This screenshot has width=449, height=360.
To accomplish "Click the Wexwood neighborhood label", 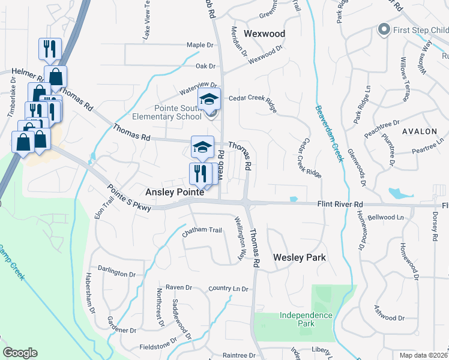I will tap(264, 34).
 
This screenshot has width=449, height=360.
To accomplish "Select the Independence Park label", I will tap(306, 319).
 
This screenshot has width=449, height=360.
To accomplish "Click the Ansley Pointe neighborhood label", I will tap(175, 193).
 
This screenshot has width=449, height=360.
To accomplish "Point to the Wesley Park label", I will tap(299, 257).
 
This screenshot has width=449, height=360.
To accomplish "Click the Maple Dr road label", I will tap(200, 45).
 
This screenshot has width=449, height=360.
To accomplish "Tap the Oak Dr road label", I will tap(205, 66).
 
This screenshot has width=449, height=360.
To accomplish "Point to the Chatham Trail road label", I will tap(202, 230).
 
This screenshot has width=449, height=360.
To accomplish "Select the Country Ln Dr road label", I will tap(228, 289).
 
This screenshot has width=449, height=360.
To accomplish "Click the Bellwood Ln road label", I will tap(387, 217).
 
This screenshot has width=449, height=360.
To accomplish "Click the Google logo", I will tap(20, 353).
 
